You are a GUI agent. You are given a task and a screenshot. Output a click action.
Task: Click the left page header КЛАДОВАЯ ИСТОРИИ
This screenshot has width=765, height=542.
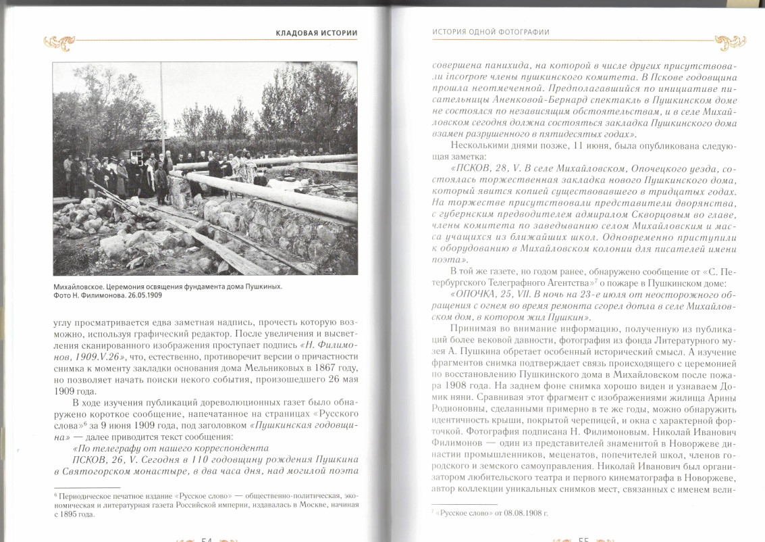[316, 32]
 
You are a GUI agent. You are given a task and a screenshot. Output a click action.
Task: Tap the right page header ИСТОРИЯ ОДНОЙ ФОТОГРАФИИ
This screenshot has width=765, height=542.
[490, 32]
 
